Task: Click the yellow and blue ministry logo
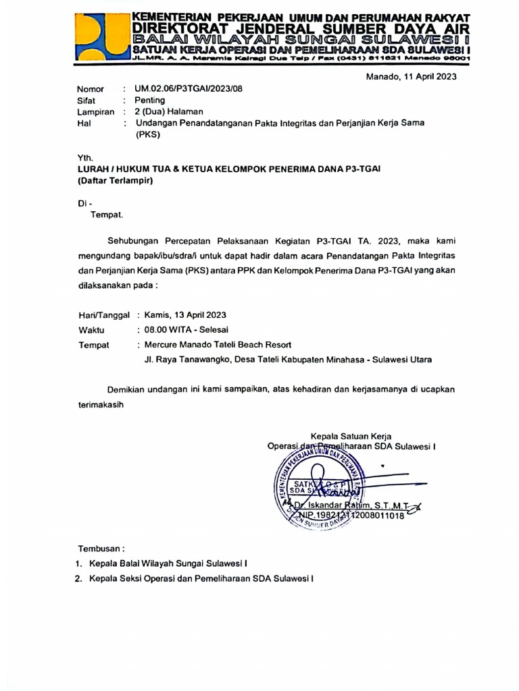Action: coord(101,37)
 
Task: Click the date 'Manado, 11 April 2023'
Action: coord(411,76)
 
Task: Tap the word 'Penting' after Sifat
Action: coord(149,101)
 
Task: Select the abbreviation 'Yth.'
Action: coord(85,157)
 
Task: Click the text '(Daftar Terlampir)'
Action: coord(115,180)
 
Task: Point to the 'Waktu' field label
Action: coord(91,329)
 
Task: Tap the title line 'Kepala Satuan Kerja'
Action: coord(351,436)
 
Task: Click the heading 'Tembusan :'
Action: coord(101,549)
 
